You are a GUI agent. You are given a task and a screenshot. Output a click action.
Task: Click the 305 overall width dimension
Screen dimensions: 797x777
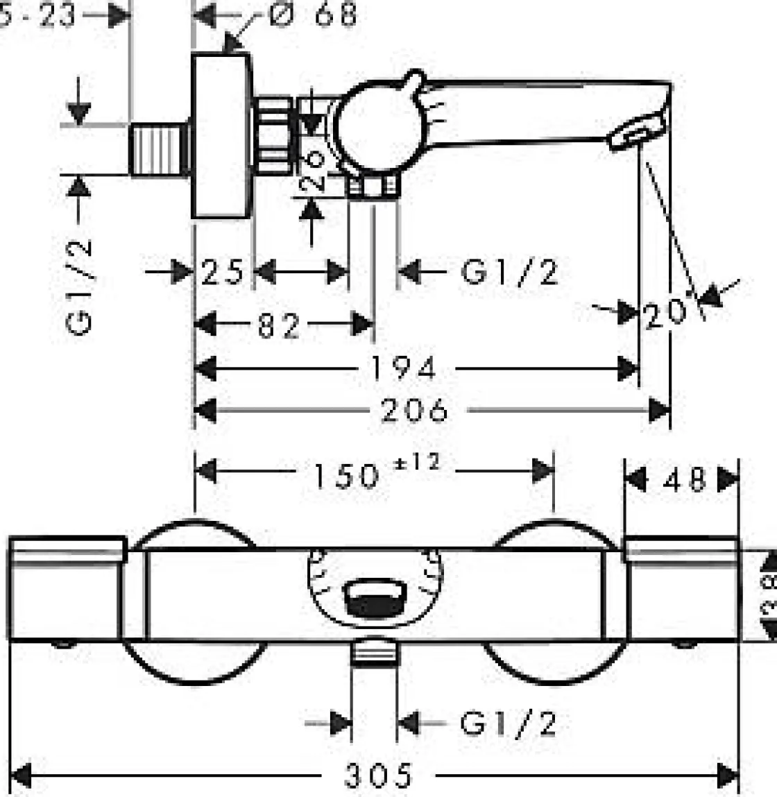(379, 773)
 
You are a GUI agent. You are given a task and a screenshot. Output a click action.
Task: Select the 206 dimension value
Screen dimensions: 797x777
(414, 410)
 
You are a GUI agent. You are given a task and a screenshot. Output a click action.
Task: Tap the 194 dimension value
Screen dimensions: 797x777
(403, 368)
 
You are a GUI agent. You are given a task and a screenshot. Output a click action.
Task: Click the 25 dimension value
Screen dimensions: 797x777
(223, 271)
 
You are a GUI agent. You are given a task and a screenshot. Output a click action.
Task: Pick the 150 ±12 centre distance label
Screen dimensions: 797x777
(375, 474)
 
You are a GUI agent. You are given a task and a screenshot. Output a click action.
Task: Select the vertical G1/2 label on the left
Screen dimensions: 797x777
(81, 286)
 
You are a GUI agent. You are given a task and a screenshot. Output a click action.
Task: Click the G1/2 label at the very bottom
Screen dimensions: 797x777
(509, 723)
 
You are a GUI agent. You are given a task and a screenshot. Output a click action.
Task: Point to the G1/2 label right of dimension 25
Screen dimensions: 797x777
(510, 271)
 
